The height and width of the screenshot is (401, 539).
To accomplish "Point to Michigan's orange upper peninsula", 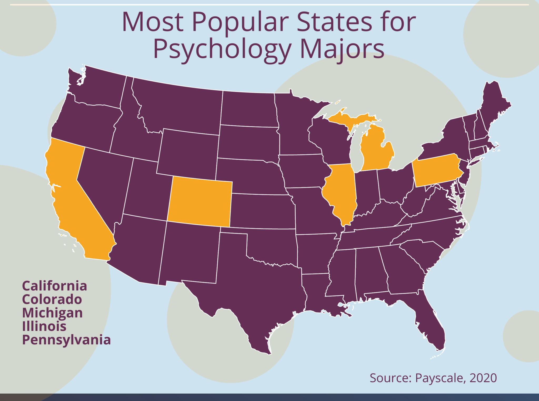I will (x=350, y=118).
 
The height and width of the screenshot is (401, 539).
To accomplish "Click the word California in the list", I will (x=54, y=286).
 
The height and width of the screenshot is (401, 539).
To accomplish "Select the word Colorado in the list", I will (x=52, y=299).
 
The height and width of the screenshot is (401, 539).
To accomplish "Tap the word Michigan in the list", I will (x=52, y=313).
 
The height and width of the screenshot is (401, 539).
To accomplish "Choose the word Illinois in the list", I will (x=44, y=326).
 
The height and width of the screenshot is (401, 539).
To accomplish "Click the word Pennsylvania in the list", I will (x=66, y=340).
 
